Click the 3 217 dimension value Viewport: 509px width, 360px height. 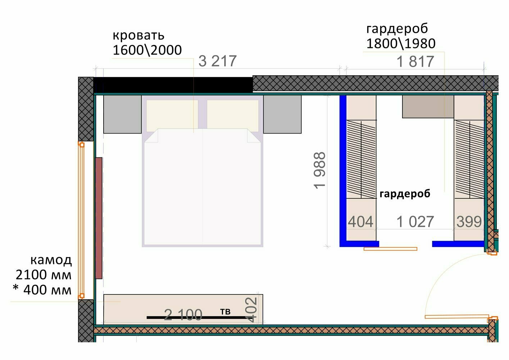click(218, 61)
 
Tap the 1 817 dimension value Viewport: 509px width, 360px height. click(415, 62)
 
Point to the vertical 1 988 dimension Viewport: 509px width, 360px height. click(319, 170)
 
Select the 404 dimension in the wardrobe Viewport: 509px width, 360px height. click(361, 221)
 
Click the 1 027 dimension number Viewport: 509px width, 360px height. click(415, 221)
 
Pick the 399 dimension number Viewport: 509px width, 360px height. click(469, 221)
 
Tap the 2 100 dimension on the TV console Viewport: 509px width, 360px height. click(183, 315)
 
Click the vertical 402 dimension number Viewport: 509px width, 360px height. click(251, 310)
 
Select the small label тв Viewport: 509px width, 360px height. click(225, 311)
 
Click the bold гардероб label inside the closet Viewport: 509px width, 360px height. click(405, 194)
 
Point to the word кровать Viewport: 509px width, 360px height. click(138, 36)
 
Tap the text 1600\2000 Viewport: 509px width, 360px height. click(147, 50)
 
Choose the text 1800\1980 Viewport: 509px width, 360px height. click(401, 44)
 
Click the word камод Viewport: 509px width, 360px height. click(51, 260)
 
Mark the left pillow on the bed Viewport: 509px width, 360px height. click(172, 116)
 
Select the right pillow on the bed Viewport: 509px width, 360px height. click(233, 116)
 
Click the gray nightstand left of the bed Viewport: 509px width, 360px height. click(122, 114)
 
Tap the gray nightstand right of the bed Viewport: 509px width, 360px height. click(282, 114)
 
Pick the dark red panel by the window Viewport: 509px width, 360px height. click(99, 218)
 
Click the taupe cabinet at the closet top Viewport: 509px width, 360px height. click(428, 107)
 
